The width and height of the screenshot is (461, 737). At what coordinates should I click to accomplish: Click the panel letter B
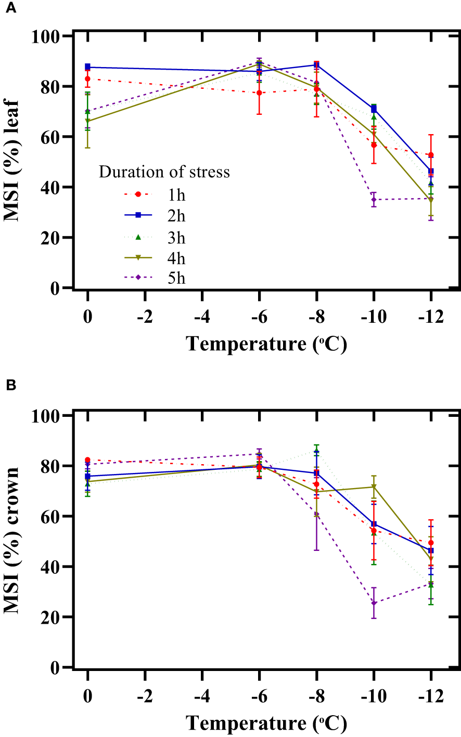[x=10, y=386]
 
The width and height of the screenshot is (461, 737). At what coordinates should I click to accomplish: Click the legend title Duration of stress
[x=164, y=172]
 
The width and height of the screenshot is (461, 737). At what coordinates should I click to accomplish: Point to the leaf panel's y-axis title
[x=11, y=161]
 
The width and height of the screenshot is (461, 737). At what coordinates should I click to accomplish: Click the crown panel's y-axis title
[x=11, y=541]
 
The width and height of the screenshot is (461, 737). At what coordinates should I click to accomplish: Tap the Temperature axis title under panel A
[x=266, y=344]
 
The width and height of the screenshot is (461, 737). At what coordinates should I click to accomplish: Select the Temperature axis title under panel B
[x=266, y=723]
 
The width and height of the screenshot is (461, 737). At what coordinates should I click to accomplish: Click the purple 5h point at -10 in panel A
[x=374, y=200]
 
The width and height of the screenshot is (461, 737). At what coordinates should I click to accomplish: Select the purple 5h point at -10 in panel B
[x=374, y=603]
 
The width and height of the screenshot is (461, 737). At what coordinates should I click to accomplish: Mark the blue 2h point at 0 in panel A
[x=87, y=67]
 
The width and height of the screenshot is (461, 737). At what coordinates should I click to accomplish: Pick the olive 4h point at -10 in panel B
[x=374, y=487]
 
